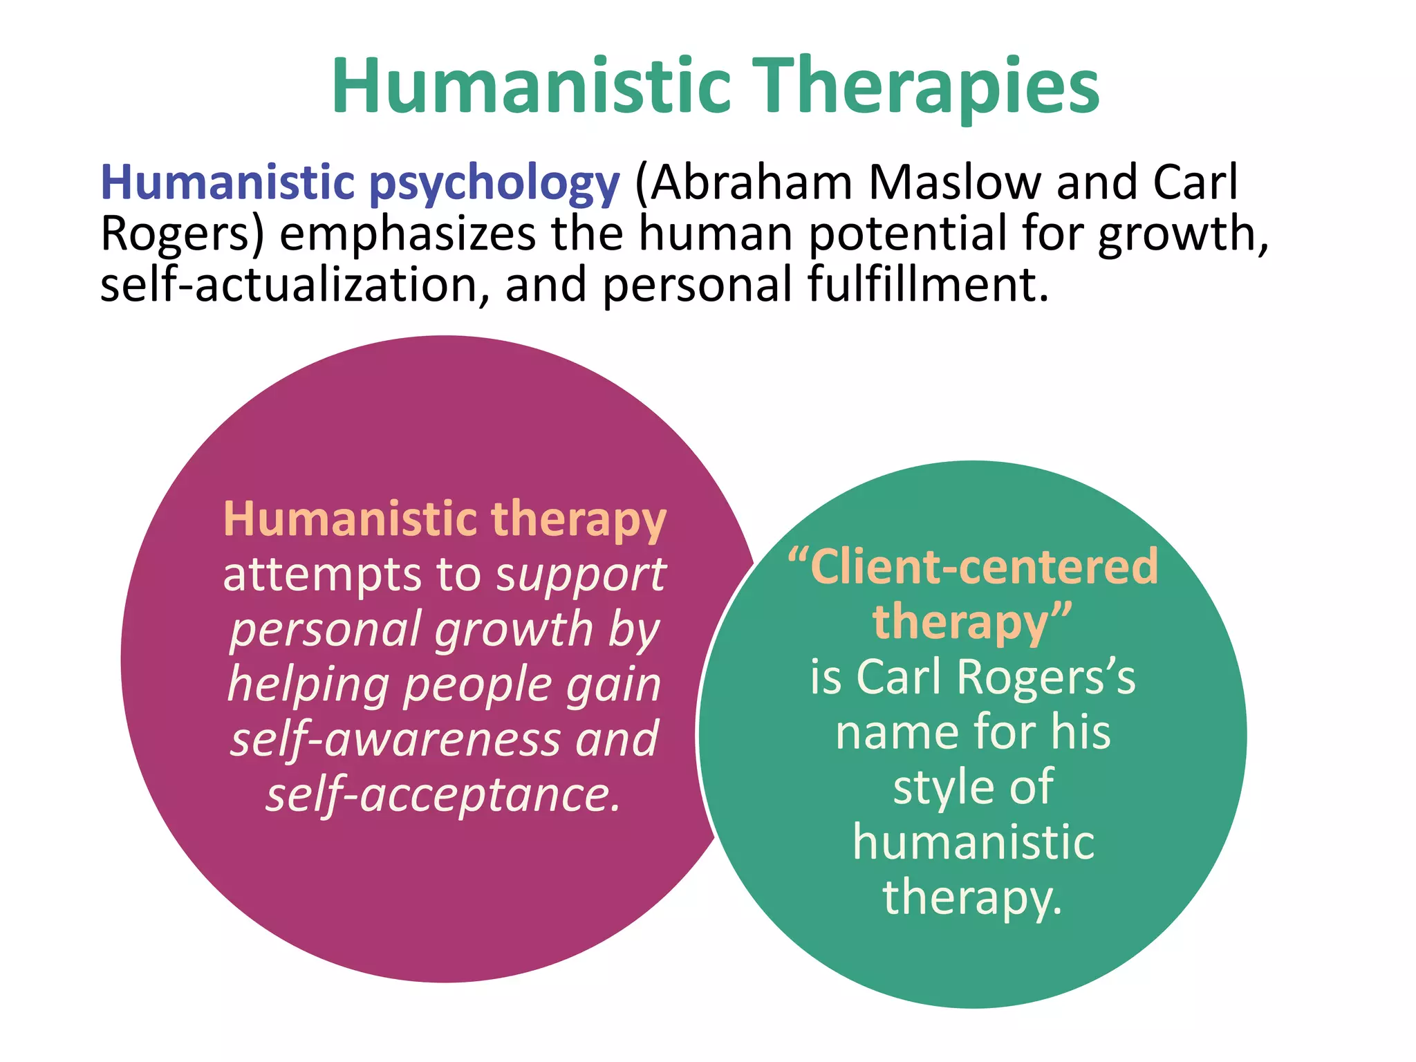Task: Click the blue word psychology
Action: (x=494, y=183)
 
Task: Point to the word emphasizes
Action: (x=407, y=234)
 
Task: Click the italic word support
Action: (x=581, y=575)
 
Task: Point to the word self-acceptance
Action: (x=442, y=794)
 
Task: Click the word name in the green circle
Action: (x=895, y=732)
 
